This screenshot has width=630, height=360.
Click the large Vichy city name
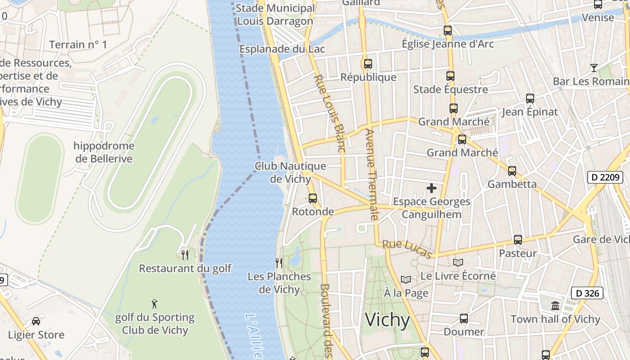pos(387,320)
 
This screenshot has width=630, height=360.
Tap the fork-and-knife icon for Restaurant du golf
pos(185,255)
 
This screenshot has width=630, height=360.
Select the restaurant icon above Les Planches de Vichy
pos(279,263)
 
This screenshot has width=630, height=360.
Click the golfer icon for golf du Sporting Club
pos(154,304)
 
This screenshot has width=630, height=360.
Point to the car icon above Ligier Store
pos(36,321)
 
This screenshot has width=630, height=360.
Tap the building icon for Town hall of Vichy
pos(555,306)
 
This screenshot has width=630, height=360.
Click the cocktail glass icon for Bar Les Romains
pos(594,68)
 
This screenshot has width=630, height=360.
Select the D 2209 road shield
pos(605,177)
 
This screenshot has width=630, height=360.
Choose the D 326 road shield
pos(587,293)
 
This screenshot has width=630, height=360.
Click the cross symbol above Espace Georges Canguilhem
pos(432,188)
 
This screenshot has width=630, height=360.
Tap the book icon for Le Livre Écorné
pos(458,262)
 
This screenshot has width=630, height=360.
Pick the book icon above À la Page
pos(406,280)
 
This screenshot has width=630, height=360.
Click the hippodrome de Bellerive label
pos(104,152)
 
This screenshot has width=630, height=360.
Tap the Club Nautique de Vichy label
pos(290,172)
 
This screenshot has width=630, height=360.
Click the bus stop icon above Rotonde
pos(313,198)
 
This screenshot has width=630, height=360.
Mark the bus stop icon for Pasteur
pos(518,240)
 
